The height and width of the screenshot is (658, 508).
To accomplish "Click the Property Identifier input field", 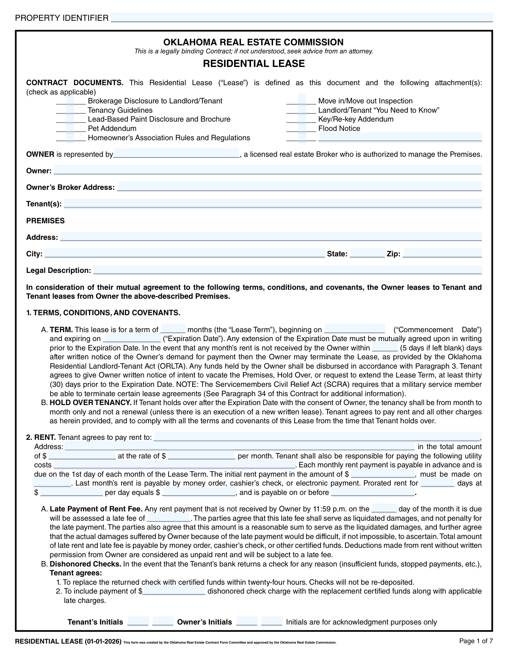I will (x=301, y=18).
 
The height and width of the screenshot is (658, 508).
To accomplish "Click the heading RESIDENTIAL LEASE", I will (x=254, y=64).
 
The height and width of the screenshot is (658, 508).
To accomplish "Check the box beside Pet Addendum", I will (x=70, y=128).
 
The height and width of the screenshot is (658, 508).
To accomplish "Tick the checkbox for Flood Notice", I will (x=301, y=128).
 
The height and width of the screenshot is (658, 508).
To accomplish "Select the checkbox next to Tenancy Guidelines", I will (x=70, y=110).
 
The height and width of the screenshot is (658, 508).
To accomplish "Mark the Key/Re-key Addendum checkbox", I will (x=301, y=119).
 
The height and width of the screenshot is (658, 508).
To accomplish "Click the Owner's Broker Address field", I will (x=299, y=187).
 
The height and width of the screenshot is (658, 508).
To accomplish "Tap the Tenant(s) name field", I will (x=272, y=204).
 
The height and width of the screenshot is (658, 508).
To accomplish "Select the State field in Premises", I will (x=367, y=254).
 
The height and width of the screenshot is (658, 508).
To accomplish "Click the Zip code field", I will (x=442, y=254).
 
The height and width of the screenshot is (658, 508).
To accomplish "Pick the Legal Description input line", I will (x=287, y=270).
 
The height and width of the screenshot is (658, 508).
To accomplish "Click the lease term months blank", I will (x=173, y=329).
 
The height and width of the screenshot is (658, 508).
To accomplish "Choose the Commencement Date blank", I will (x=354, y=329).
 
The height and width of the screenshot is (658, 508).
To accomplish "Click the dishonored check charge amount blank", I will (x=174, y=591).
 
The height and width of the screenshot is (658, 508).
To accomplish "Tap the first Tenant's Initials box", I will (x=138, y=622).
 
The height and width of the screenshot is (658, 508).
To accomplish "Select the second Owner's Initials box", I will (x=271, y=622).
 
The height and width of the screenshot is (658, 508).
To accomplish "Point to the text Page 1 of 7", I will (x=476, y=641).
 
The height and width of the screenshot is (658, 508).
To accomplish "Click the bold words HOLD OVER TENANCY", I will (x=91, y=403).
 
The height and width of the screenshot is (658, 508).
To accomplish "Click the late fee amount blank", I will (x=168, y=518).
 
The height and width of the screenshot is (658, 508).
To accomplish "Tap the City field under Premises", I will (x=185, y=254).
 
